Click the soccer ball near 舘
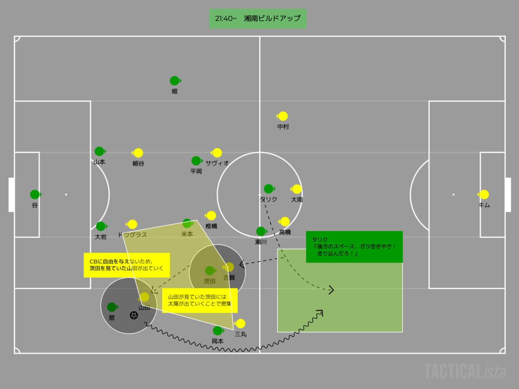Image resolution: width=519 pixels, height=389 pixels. tap(134, 316)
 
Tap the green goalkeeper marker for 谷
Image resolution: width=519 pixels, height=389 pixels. tap(35, 194)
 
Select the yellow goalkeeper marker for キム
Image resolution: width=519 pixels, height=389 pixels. tap(484, 194)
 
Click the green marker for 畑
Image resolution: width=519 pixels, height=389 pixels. tap(174, 80)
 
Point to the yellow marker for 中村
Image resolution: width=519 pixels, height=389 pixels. tap(283, 116)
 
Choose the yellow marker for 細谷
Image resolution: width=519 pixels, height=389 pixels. tap(138, 153)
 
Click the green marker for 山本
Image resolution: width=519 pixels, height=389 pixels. tap(99, 151)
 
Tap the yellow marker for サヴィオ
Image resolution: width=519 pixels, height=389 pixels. tap(217, 153)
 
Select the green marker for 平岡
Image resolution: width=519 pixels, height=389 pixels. tap(196, 161)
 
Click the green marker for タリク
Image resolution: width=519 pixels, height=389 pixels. tap(269, 189)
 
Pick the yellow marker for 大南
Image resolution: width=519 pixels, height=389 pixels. tap(297, 189)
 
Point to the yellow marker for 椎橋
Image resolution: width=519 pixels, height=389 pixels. tap(211, 215)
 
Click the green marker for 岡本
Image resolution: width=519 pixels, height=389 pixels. tap(218, 331)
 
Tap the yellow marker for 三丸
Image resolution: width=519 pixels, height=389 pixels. tap(240, 324)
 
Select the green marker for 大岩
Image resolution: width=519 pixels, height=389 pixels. tap(101, 226)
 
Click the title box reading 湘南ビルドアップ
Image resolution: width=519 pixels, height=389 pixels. tap(258, 19)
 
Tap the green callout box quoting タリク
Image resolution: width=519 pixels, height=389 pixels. tap(354, 247)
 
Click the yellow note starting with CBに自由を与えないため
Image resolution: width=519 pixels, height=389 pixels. tap(127, 265)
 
